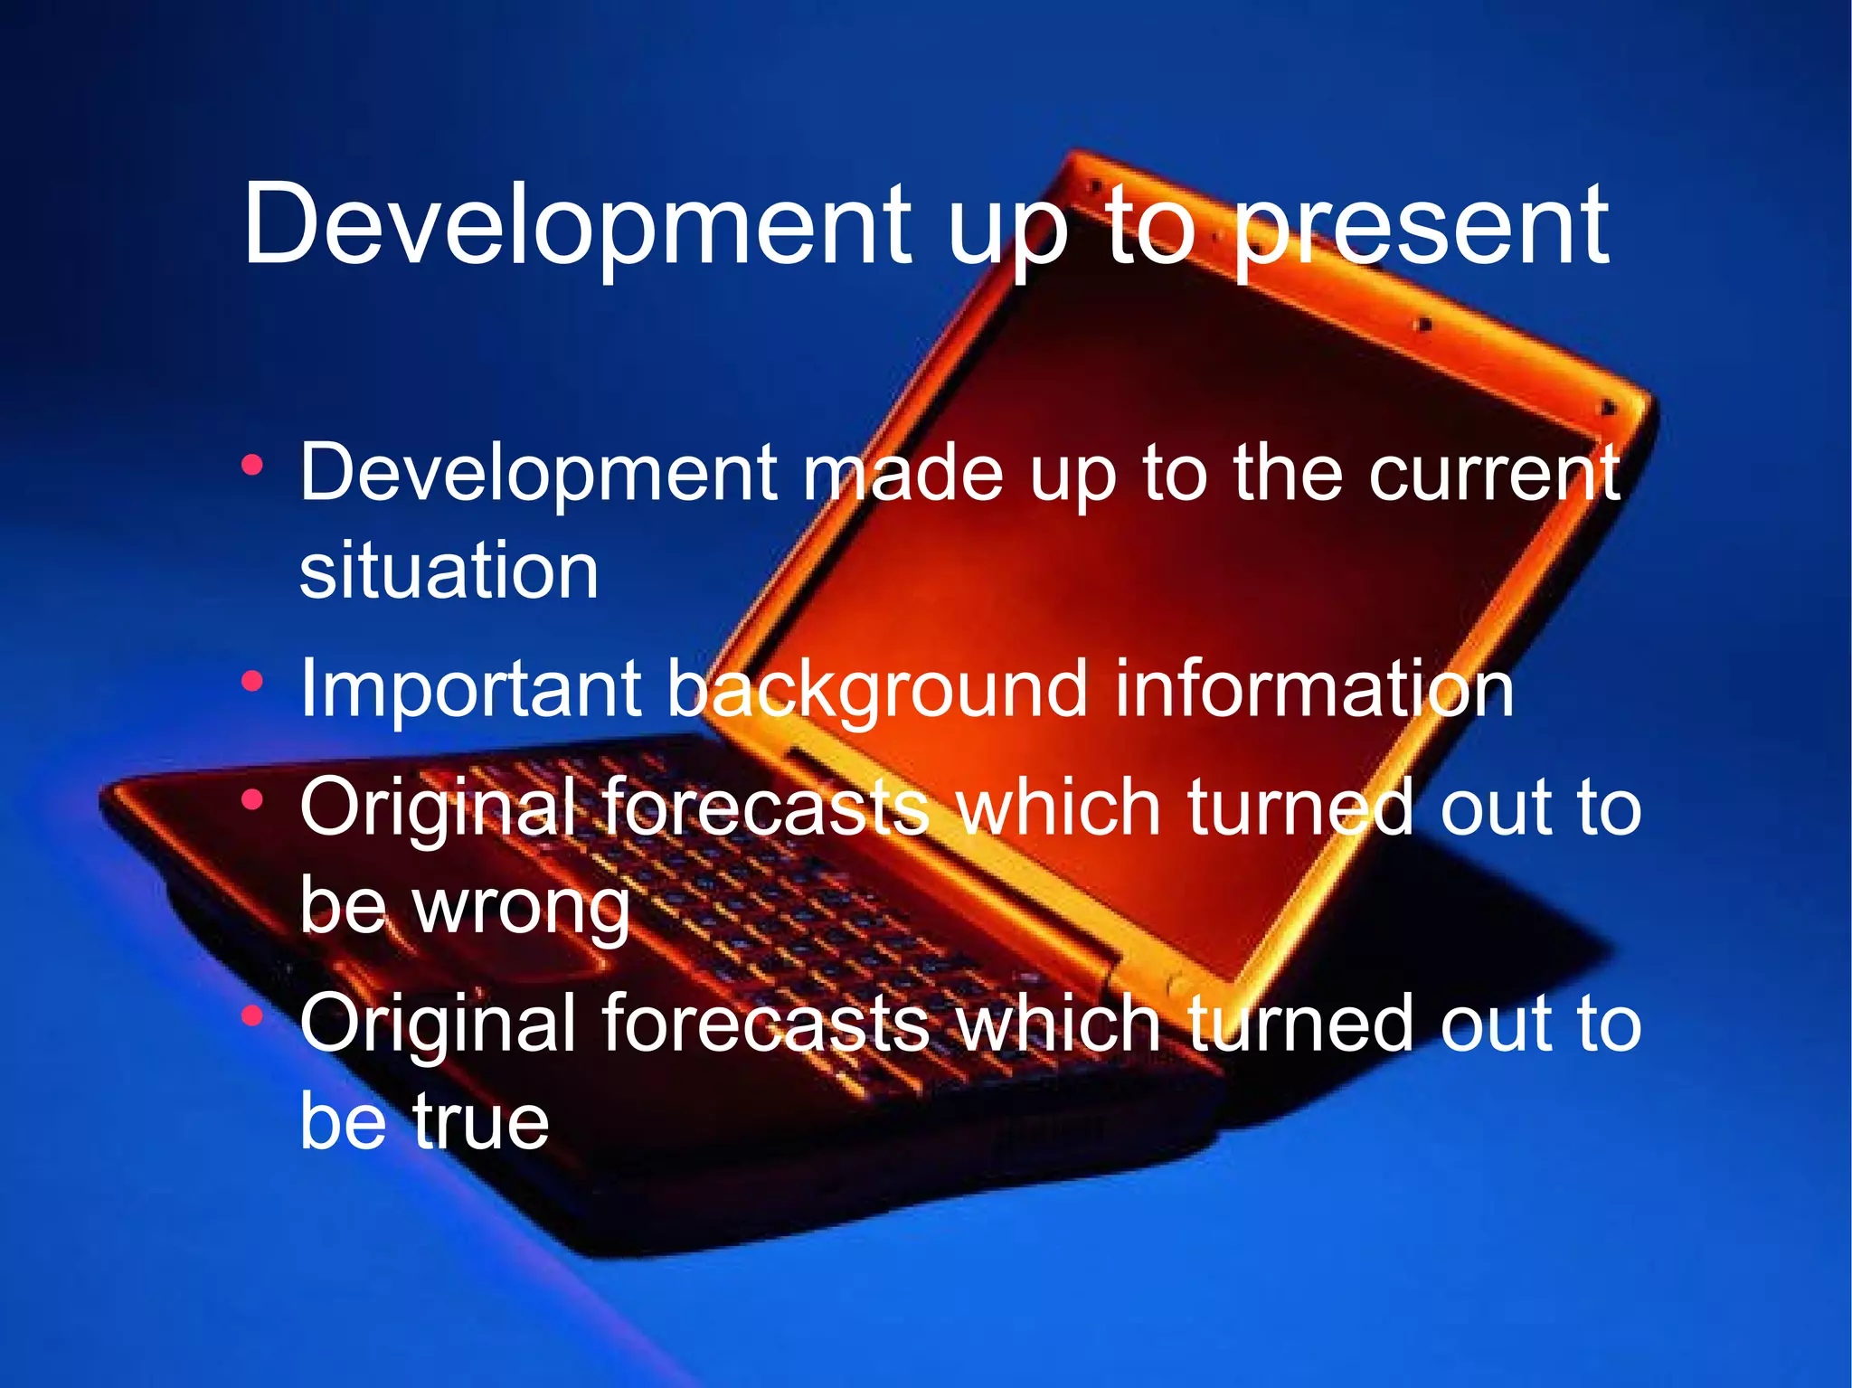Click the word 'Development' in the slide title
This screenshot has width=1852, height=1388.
coord(577,226)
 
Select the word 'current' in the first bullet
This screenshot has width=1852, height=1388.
coord(1494,473)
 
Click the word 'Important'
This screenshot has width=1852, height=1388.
coord(470,689)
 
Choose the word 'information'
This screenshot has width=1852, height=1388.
coord(1313,689)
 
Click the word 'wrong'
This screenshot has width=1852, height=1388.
coord(522,906)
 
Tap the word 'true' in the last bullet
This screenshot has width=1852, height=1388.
coord(481,1121)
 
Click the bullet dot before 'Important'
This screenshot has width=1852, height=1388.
coord(252,680)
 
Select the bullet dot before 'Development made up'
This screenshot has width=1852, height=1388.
coord(252,467)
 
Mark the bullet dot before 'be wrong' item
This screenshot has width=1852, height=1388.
coord(252,799)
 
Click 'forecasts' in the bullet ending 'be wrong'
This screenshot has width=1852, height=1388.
coord(765,807)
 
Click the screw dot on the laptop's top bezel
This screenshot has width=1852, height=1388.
coord(1422,323)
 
